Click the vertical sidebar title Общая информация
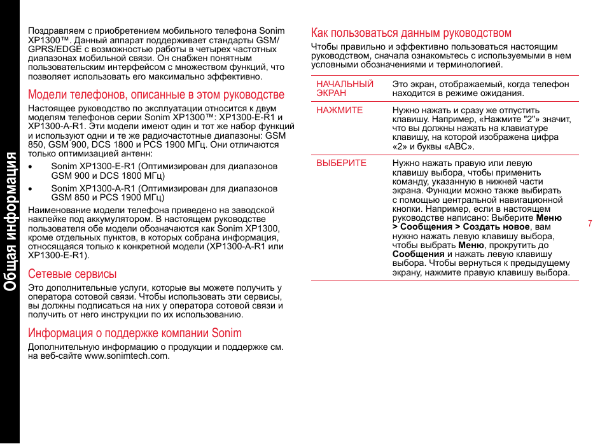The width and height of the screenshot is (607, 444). tap(10, 221)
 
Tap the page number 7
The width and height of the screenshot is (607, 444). tap(590, 223)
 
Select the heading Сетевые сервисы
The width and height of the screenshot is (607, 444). tap(72, 274)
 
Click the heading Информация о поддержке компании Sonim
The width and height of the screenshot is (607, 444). tap(134, 333)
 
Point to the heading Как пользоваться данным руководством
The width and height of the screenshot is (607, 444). tap(411, 33)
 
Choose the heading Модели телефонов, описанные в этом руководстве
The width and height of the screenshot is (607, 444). tap(156, 95)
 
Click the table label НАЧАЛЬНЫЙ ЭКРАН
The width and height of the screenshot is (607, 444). tap(344, 88)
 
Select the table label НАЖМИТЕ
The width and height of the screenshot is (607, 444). tap(340, 110)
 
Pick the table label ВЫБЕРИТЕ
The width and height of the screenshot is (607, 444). tap(342, 163)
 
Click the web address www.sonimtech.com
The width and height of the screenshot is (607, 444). tap(127, 356)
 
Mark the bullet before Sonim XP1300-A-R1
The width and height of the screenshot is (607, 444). tap(31, 189)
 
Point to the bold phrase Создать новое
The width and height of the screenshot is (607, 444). tap(496, 226)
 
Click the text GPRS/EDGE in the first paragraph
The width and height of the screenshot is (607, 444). tap(50, 48)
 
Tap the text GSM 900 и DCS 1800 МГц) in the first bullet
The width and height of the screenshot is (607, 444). tap(108, 176)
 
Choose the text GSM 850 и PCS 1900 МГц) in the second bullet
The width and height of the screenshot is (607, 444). tap(108, 197)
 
